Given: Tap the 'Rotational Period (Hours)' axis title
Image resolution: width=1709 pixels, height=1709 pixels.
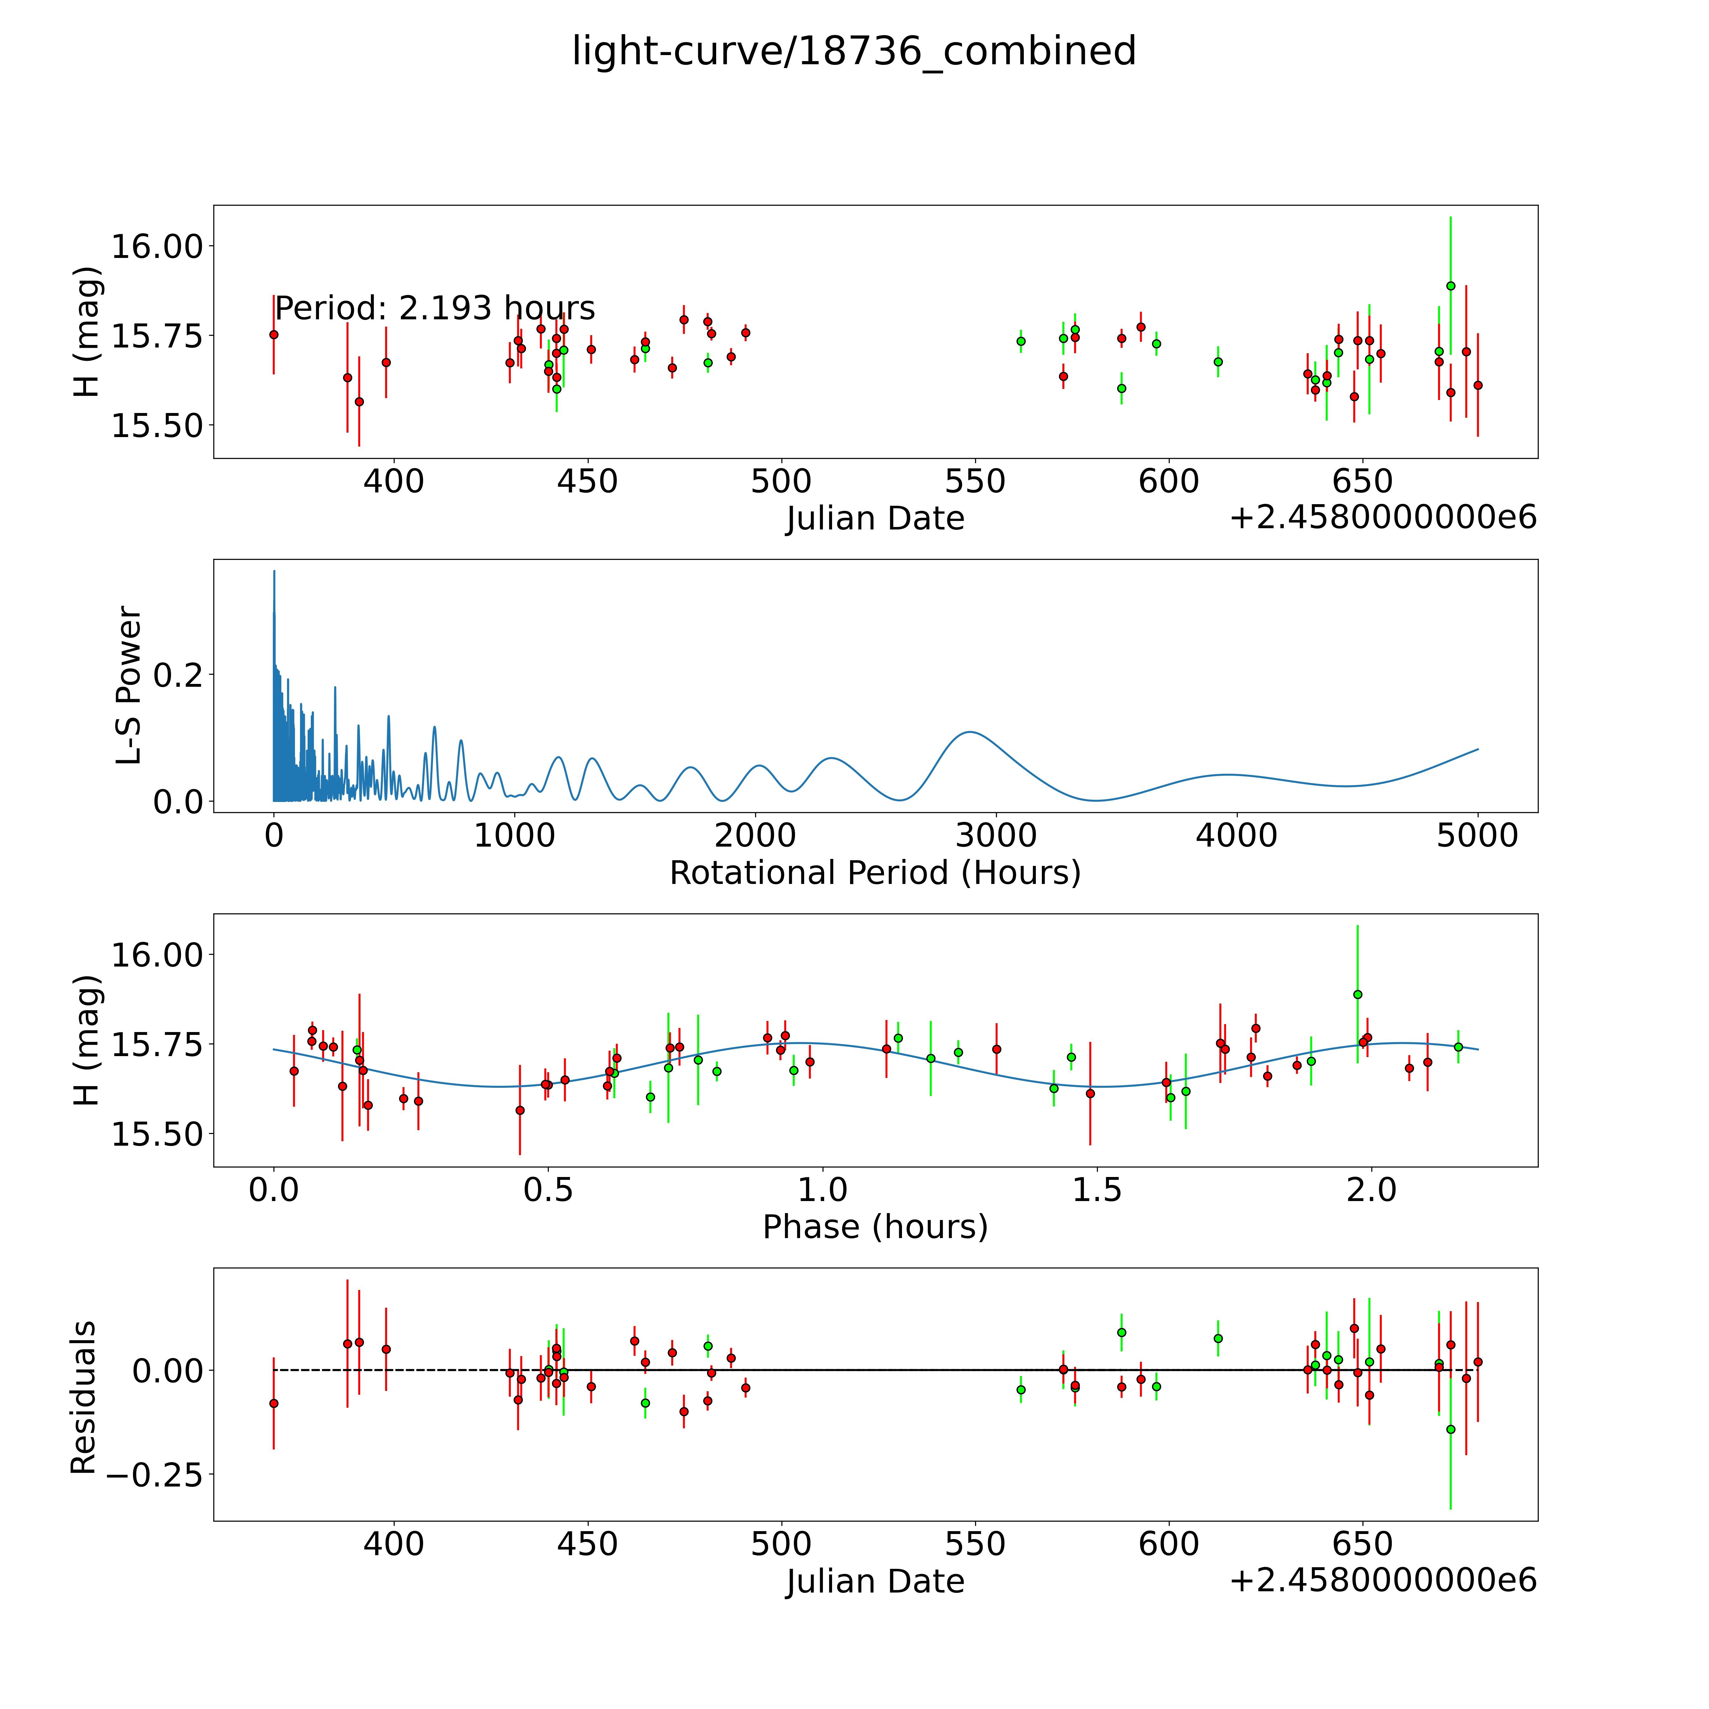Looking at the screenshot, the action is [875, 873].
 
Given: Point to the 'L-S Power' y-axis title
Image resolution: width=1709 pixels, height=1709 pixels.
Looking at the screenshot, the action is [128, 685].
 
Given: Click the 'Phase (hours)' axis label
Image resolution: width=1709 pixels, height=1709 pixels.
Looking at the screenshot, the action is [875, 1227].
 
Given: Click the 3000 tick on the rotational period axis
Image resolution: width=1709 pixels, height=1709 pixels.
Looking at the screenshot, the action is [996, 835].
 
